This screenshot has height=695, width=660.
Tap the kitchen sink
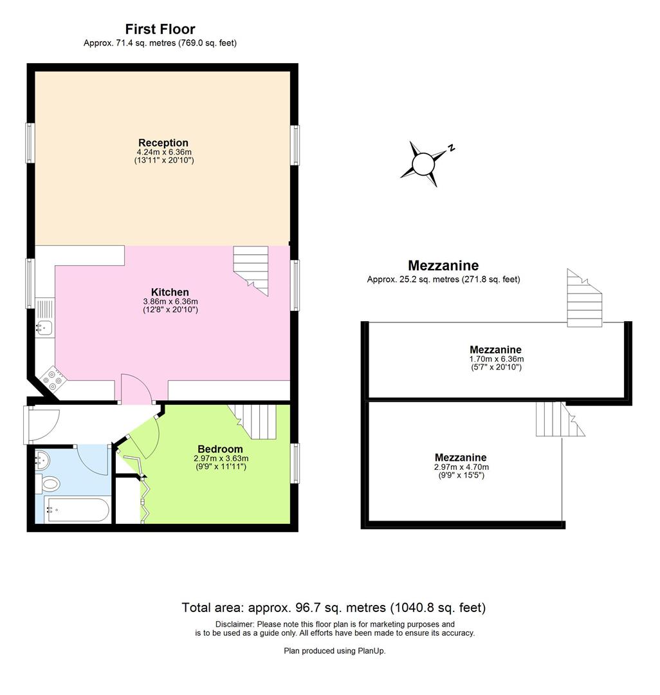44,327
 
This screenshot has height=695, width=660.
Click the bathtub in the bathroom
76,510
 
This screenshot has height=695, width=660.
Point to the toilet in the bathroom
50,483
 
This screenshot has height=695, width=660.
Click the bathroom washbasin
43,459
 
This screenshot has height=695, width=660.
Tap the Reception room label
163,143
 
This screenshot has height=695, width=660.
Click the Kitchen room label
170,292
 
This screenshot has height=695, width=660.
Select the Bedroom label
220,449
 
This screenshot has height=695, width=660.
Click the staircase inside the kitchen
251,268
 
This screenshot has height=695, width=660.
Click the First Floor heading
160,29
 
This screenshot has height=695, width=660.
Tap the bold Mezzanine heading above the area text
443,266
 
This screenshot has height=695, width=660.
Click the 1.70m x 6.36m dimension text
496,359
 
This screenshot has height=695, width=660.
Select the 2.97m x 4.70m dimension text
461,467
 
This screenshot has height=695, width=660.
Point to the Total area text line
333,607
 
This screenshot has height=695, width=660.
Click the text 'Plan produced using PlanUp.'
335,651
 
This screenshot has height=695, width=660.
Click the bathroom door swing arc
93,459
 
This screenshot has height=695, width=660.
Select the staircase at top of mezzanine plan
584,299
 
